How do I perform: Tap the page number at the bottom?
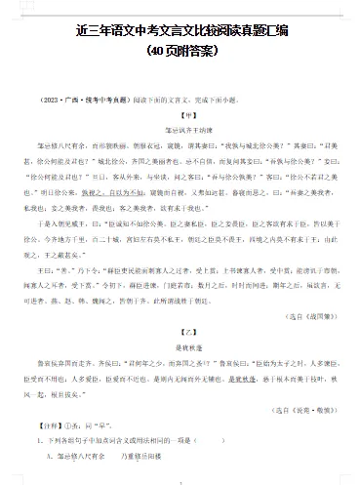click(x=180, y=480)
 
